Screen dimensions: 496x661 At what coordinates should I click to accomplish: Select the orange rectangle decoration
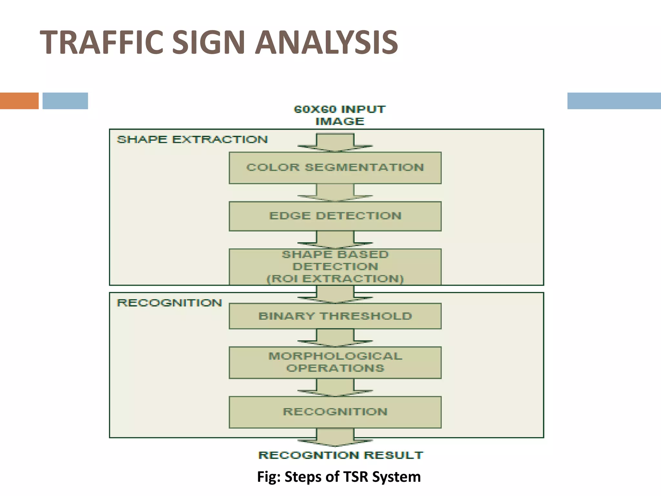click(19, 101)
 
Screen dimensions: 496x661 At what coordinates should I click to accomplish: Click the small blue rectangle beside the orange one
click(65, 101)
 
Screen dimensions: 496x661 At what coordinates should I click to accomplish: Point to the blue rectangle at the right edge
click(614, 101)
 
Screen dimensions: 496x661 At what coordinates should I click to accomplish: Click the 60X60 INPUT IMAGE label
click(340, 115)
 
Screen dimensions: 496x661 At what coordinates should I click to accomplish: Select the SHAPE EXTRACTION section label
click(192, 139)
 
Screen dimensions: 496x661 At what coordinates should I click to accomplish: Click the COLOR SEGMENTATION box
click(335, 168)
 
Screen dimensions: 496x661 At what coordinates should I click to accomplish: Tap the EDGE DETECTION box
click(335, 216)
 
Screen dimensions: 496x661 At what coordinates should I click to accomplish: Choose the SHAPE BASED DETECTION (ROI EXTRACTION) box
click(335, 267)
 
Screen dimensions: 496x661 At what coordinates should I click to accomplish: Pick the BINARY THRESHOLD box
click(335, 316)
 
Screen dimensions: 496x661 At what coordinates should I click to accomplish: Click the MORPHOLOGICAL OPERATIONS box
click(335, 362)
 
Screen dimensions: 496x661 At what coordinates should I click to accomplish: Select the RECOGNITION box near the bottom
click(335, 412)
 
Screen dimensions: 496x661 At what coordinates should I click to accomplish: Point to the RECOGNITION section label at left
click(169, 303)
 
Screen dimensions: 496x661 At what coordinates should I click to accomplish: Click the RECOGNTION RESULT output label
click(341, 455)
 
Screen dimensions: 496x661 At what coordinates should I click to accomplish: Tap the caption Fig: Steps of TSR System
click(339, 477)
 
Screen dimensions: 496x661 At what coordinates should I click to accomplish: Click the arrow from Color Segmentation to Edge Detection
click(335, 193)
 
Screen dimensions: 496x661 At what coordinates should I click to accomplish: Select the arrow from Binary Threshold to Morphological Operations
click(335, 338)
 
